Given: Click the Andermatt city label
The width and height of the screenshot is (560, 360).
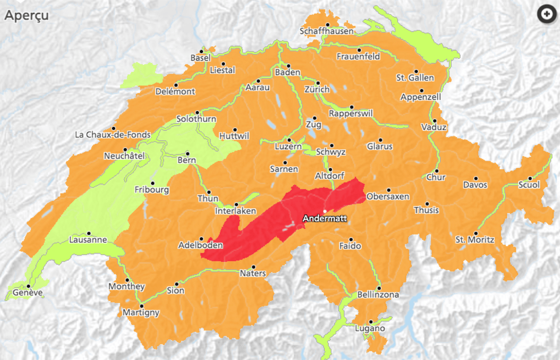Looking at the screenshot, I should [325, 219].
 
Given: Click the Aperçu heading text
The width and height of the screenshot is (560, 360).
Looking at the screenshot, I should [26, 15].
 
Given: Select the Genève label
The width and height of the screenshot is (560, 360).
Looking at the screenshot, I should [28, 293].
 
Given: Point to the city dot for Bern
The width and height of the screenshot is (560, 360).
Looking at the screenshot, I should [188, 153].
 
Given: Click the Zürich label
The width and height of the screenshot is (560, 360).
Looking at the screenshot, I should [316, 89].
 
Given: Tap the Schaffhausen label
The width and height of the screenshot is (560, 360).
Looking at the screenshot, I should [327, 31].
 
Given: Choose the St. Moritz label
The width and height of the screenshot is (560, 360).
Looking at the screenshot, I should [475, 240].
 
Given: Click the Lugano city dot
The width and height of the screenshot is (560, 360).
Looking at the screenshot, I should [371, 321].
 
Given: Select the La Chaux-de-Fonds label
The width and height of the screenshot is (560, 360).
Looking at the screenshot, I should [112, 135].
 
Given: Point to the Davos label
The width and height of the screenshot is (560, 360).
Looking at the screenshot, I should [475, 185].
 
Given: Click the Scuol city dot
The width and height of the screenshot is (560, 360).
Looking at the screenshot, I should [530, 178].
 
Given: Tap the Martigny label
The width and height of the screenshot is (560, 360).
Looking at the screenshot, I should [140, 313].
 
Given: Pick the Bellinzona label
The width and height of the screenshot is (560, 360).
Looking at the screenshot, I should [378, 295].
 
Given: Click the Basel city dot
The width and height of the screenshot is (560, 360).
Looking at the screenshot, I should [202, 51].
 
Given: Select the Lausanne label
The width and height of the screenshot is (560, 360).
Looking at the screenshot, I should [88, 240].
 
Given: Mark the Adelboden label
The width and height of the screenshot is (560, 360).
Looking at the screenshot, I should [201, 245].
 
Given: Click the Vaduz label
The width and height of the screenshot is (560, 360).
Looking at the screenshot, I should [434, 127].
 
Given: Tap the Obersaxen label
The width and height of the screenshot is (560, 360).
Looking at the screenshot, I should [388, 197].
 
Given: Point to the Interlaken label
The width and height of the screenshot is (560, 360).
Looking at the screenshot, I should [235, 211].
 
